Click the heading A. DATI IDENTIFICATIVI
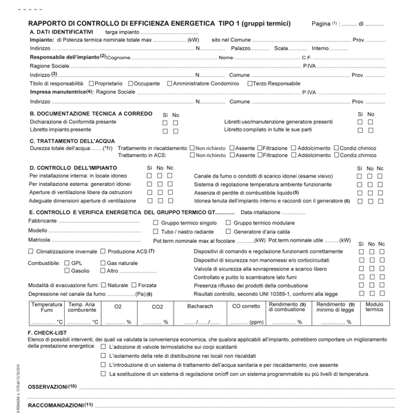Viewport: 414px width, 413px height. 61,32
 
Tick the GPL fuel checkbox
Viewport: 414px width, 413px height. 67,263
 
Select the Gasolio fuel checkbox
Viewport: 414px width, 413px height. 67,271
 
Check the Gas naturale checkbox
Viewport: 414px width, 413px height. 103,263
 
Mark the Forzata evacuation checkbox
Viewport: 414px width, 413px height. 134,285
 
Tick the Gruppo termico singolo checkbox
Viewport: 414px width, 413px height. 155,223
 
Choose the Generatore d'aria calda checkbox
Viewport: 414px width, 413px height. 229,231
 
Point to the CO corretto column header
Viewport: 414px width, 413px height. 246,306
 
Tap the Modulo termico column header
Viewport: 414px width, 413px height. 374,307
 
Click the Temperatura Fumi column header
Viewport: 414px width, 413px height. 47,307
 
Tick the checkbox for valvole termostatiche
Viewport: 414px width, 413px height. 103,346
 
